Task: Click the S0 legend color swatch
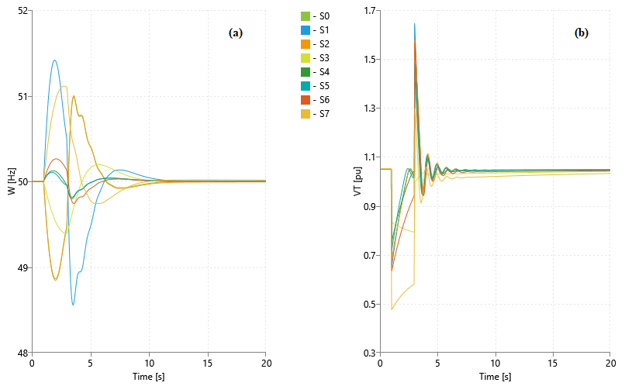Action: [x=305, y=16]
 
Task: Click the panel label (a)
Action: [x=236, y=33]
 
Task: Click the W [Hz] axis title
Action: [x=11, y=181]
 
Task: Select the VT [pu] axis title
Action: [x=357, y=181]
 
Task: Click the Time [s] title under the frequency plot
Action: [x=148, y=377]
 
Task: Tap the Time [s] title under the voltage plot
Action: [x=495, y=377]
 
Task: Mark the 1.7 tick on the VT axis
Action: [x=368, y=11]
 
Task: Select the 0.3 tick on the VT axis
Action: [x=368, y=353]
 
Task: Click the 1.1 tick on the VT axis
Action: [x=368, y=157]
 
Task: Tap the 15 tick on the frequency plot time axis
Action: [x=207, y=363]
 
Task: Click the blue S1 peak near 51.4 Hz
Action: [x=54, y=60]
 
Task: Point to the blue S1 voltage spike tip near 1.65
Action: [x=415, y=24]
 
